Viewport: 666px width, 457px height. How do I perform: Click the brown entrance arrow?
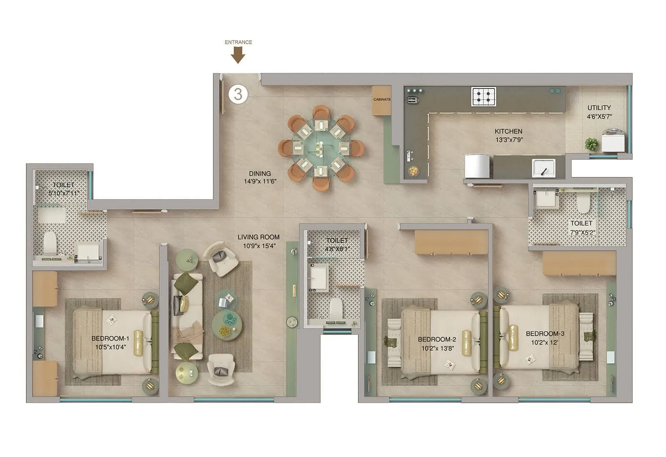[x=238, y=55]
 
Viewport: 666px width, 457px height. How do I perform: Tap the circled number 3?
[x=238, y=94]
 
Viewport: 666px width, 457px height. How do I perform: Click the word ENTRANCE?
[x=238, y=42]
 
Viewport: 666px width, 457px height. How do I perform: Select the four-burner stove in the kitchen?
[x=483, y=97]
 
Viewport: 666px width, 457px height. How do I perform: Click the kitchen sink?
[x=544, y=168]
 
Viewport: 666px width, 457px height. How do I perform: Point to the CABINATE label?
[x=382, y=100]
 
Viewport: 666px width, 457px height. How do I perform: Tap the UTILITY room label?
[x=599, y=108]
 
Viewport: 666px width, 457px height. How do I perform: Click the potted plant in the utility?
[x=591, y=145]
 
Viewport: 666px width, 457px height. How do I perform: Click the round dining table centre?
[x=321, y=148]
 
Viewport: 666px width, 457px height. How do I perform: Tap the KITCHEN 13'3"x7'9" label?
[x=509, y=135]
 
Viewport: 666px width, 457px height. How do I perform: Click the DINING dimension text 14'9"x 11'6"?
[x=260, y=181]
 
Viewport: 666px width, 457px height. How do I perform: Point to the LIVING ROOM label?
[x=258, y=237]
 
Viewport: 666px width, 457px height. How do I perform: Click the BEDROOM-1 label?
[x=110, y=338]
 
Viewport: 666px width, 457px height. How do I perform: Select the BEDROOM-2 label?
[x=437, y=339]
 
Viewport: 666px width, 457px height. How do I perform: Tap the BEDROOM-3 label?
[x=545, y=334]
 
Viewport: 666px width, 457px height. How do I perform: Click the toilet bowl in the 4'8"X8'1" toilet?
[x=336, y=309]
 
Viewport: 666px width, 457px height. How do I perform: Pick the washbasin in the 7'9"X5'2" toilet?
[x=546, y=199]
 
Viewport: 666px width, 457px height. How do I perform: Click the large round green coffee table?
[x=227, y=325]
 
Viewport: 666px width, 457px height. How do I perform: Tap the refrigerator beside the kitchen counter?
[x=477, y=166]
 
